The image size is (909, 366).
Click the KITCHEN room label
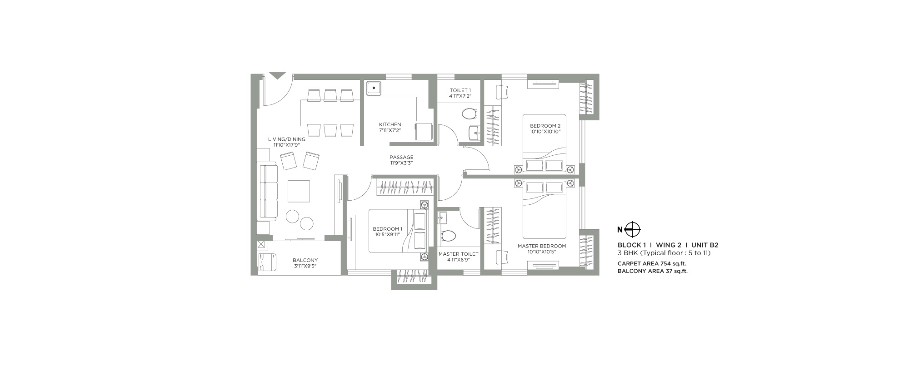pos(390,124)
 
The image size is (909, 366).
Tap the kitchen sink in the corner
pos(374,88)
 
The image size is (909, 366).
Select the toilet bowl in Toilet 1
pos(468,113)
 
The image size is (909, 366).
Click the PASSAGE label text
pos(401,158)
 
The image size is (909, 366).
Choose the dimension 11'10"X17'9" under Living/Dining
pos(286,145)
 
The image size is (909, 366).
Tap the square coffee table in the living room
pos(299,191)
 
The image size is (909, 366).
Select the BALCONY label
pos(305,260)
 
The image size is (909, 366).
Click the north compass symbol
pos(633,229)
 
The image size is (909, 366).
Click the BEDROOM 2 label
pos(545,126)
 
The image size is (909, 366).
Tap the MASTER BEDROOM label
pos(542,246)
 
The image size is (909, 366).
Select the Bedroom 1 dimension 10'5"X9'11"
pos(387,235)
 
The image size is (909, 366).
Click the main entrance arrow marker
pos(277,76)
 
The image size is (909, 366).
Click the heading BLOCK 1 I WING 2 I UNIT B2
pos(668,245)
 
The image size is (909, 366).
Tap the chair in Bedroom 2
pos(502,92)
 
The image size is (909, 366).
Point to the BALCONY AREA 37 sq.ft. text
pos(653,272)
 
